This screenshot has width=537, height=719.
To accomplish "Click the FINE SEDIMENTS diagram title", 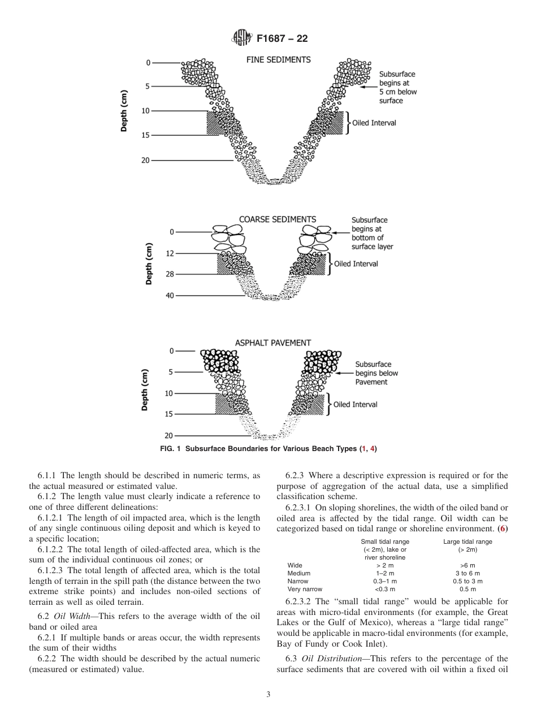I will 278,59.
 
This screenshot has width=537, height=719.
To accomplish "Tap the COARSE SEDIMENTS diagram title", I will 278,219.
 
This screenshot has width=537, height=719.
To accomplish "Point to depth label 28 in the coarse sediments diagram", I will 170,274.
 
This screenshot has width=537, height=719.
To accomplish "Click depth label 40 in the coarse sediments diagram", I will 170,296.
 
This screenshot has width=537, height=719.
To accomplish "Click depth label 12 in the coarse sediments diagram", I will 170,254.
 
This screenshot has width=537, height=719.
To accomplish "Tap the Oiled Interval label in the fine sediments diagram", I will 374,123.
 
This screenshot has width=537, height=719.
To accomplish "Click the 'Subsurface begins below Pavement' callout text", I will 376,373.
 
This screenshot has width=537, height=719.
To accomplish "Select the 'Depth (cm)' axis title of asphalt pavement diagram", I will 145,390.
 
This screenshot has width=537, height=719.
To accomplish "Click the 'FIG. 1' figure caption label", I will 172,449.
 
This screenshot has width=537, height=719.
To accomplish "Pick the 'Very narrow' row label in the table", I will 305,589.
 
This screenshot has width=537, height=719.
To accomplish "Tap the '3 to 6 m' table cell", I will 467,573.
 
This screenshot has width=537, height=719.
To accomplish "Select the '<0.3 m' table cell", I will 385,589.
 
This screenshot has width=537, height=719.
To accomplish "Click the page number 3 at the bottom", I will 268,695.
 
